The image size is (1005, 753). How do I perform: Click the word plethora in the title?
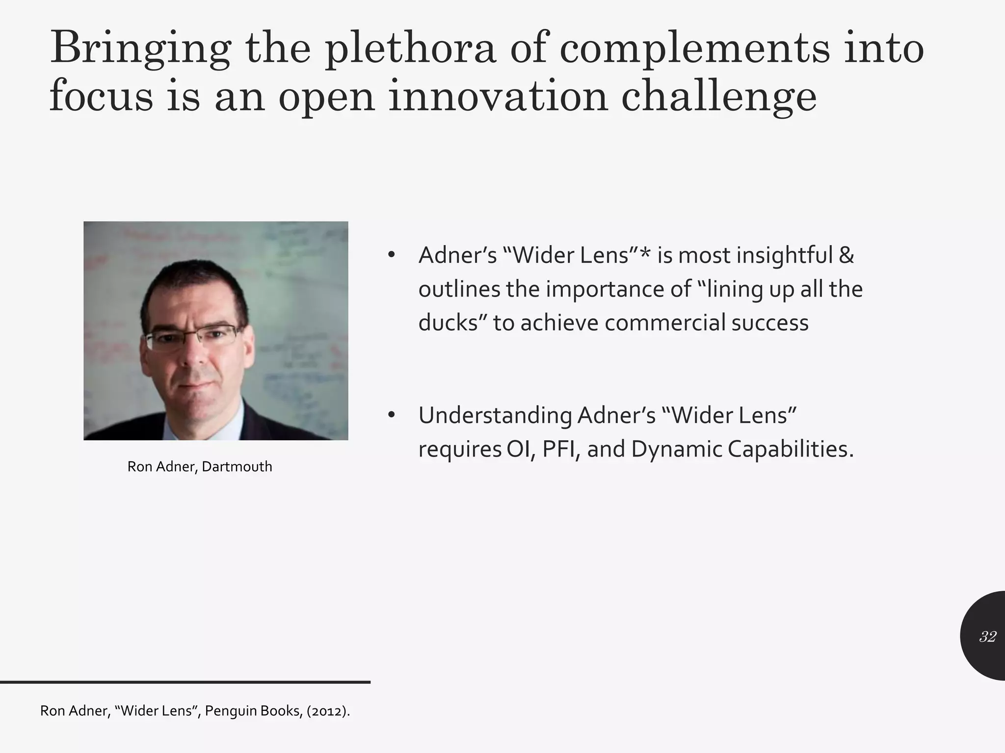pos(410,49)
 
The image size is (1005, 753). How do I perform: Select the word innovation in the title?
pos(498,97)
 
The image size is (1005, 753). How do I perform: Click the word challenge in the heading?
pos(718,97)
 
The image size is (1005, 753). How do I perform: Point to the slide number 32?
pos(987,637)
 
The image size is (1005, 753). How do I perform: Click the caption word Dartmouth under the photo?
pos(237,466)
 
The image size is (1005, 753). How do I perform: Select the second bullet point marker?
pos(391,415)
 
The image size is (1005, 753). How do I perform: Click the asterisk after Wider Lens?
pos(645,253)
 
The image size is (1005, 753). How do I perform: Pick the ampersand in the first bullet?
pos(846,255)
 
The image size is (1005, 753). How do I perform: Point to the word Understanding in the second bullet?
pos(495,416)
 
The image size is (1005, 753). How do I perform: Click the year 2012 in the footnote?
pos(328,711)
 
